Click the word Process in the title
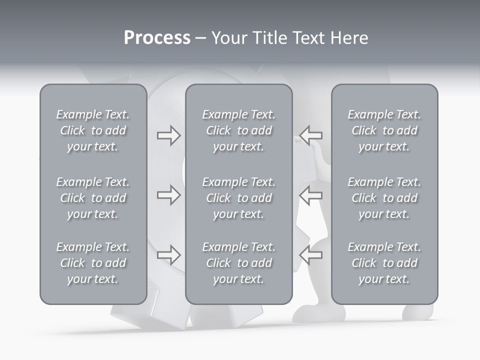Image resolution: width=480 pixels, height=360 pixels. point(157,38)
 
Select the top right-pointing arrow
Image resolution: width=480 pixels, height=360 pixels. point(168,135)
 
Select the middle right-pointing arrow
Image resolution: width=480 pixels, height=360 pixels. point(168,195)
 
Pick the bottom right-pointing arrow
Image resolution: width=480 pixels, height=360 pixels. point(168,255)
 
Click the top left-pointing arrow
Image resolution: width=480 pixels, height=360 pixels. point(311,135)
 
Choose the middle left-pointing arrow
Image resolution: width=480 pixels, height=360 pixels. point(311,195)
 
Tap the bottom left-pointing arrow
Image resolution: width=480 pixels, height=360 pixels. point(311,255)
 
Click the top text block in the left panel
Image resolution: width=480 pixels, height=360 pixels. point(93,130)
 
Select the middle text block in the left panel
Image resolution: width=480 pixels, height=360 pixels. point(93,198)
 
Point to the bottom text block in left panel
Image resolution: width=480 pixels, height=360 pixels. point(93,263)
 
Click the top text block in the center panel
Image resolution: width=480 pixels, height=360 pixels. point(238,130)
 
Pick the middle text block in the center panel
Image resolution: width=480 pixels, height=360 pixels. point(238,198)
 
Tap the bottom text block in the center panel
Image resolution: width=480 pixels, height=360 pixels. point(238,263)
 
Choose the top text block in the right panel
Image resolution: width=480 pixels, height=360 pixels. point(384,130)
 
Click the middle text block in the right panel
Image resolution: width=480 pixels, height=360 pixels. point(384,198)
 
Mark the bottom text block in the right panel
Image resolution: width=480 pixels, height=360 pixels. point(384,263)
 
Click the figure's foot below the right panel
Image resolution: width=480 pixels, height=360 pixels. point(417,312)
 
